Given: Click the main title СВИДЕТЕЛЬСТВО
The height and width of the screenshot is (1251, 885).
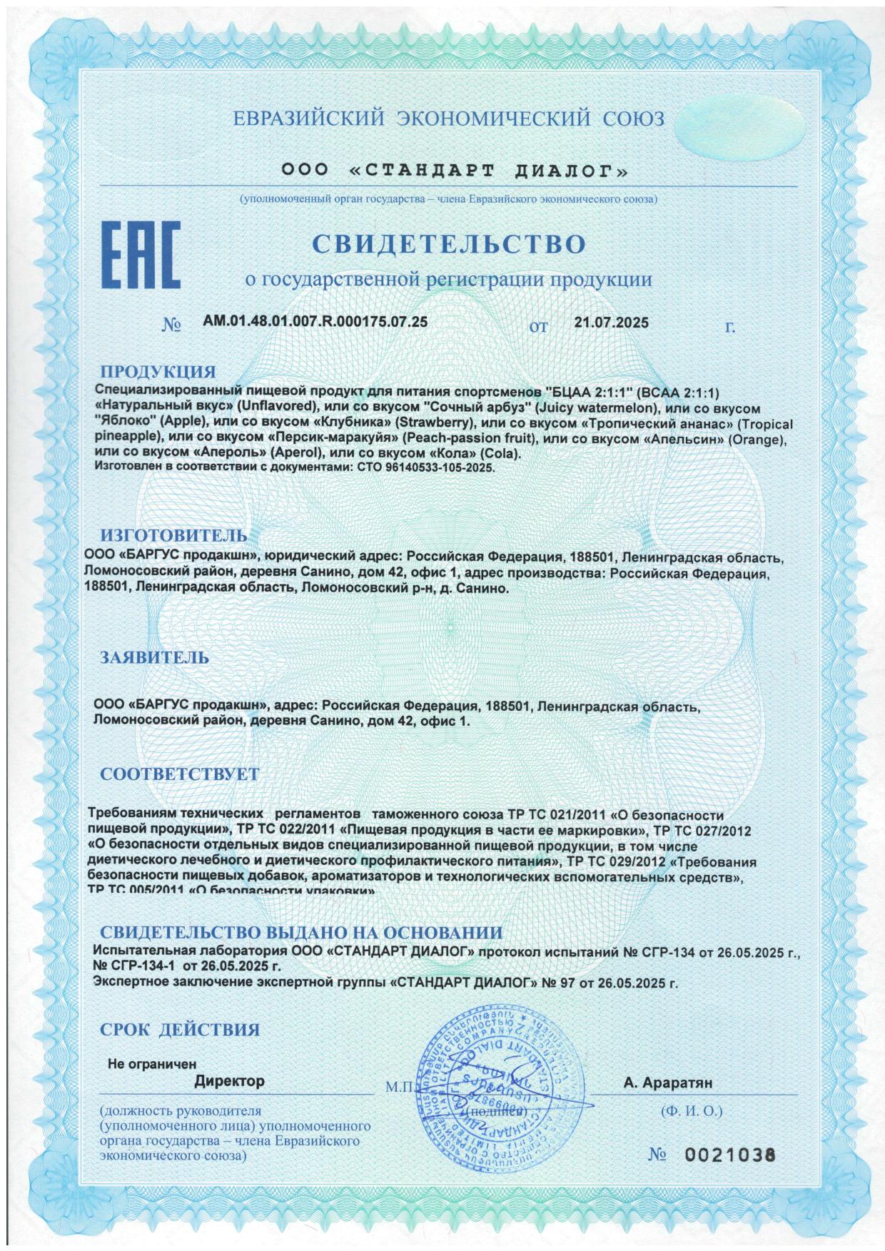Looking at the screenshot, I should pos(449,244).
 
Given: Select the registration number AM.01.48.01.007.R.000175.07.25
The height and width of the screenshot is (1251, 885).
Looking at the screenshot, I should pos(315,322).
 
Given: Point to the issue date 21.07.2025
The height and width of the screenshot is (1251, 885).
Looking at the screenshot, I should pos(611,323).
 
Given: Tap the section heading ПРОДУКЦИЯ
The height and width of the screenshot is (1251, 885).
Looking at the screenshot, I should pos(157,372).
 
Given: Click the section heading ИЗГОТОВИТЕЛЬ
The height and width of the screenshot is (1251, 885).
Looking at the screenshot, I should pos(173,535).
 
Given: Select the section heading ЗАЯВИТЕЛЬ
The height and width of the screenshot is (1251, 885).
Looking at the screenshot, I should pos(154,657).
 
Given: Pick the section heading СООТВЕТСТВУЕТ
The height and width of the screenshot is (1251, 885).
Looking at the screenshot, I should pos(179,774).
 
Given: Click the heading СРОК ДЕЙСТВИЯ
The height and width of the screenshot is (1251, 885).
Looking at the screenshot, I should pos(179,1029).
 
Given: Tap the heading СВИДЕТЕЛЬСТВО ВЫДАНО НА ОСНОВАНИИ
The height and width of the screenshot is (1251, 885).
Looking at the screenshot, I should pos(300,933).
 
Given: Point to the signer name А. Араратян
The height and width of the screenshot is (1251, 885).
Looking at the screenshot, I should pos(667,1083).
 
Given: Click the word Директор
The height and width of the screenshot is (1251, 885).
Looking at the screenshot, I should pos(229,1080).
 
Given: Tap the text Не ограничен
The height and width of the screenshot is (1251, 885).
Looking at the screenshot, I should pos(151,1063).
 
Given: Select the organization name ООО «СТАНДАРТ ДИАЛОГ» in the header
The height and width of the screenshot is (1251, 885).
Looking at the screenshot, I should pos(455,171).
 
